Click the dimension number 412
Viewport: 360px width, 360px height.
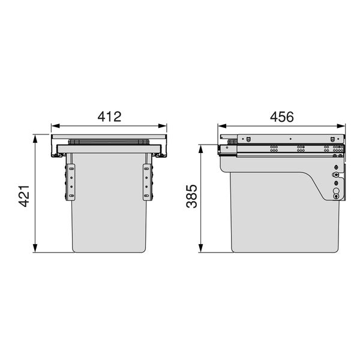(109, 116)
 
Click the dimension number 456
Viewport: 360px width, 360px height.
(282, 117)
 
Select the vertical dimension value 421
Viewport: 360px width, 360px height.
(24, 196)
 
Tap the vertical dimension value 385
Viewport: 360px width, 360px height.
(192, 196)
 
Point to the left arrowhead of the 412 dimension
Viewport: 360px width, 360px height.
(55, 126)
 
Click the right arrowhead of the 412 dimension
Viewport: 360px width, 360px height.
(163, 126)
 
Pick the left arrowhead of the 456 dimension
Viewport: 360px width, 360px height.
(222, 126)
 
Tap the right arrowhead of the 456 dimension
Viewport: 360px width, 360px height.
(341, 126)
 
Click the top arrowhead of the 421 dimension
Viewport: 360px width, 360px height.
(35, 139)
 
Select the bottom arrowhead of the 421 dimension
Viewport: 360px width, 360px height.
(35, 248)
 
